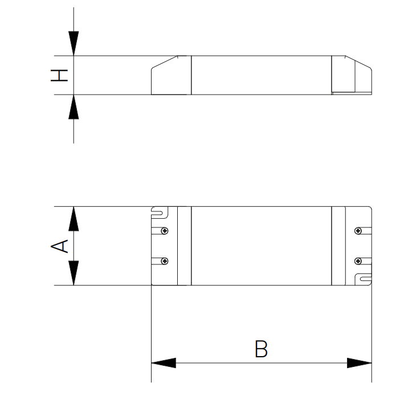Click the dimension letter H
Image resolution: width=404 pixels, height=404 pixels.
(x=59, y=75)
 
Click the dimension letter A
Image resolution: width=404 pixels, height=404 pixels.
(x=59, y=246)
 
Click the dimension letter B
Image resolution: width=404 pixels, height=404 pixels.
(x=261, y=349)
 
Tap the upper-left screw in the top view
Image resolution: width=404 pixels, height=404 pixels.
(x=165, y=231)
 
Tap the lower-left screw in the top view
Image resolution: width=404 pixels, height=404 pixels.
(x=165, y=261)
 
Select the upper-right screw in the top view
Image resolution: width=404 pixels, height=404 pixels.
(x=358, y=231)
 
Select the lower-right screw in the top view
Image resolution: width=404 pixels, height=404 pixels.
(x=358, y=261)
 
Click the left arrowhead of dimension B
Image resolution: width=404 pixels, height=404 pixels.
(x=164, y=363)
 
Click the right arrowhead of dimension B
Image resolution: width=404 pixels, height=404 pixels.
(x=360, y=363)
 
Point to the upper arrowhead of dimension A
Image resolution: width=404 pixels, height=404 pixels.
(x=74, y=219)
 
